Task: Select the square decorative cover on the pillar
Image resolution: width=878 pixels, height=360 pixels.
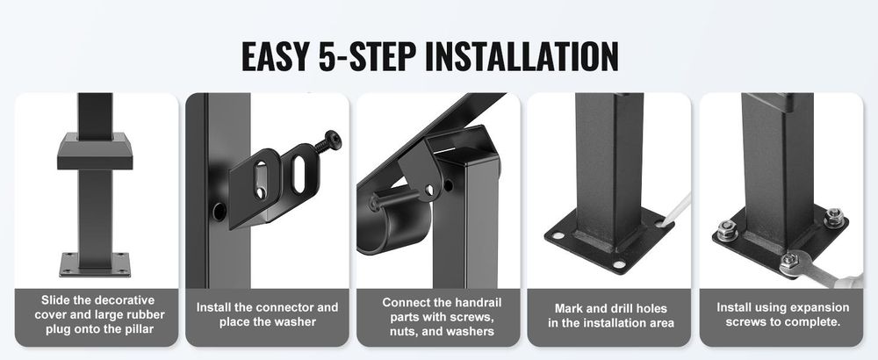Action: coord(95,151)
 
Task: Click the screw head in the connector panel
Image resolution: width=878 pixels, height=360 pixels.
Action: coord(333,140)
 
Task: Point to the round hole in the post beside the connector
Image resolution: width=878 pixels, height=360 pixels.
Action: coord(219,211)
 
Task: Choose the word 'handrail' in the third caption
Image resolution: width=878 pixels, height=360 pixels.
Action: coord(479,303)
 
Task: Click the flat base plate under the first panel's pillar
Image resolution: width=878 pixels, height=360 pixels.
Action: coord(95,264)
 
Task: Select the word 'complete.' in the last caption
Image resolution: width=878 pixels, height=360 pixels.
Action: coord(815,322)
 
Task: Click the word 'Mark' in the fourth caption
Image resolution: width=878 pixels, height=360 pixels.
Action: coord(568,308)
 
